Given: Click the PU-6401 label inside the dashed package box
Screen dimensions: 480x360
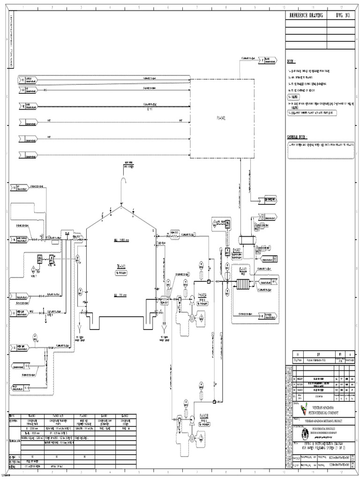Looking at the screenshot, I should pos(221,119).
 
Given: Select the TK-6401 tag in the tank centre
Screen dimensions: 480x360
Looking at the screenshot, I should pos(121,267).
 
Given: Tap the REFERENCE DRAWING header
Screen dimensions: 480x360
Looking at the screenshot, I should pos(306,16).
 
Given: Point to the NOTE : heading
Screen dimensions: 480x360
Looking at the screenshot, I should pos(292,61).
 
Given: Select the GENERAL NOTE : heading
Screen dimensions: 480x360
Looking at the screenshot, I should pos(297,137).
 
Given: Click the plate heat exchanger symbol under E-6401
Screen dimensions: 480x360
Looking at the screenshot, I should pos(243,284).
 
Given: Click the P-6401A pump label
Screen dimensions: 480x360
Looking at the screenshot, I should pos(202,295).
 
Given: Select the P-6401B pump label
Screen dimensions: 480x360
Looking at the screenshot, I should pos(203,415).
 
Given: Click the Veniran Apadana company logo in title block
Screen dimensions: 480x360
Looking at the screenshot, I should pos(305,410).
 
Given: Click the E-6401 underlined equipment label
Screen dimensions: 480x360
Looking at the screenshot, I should pos(243,270).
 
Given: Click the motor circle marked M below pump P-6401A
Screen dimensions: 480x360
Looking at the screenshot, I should pos(191,317).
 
